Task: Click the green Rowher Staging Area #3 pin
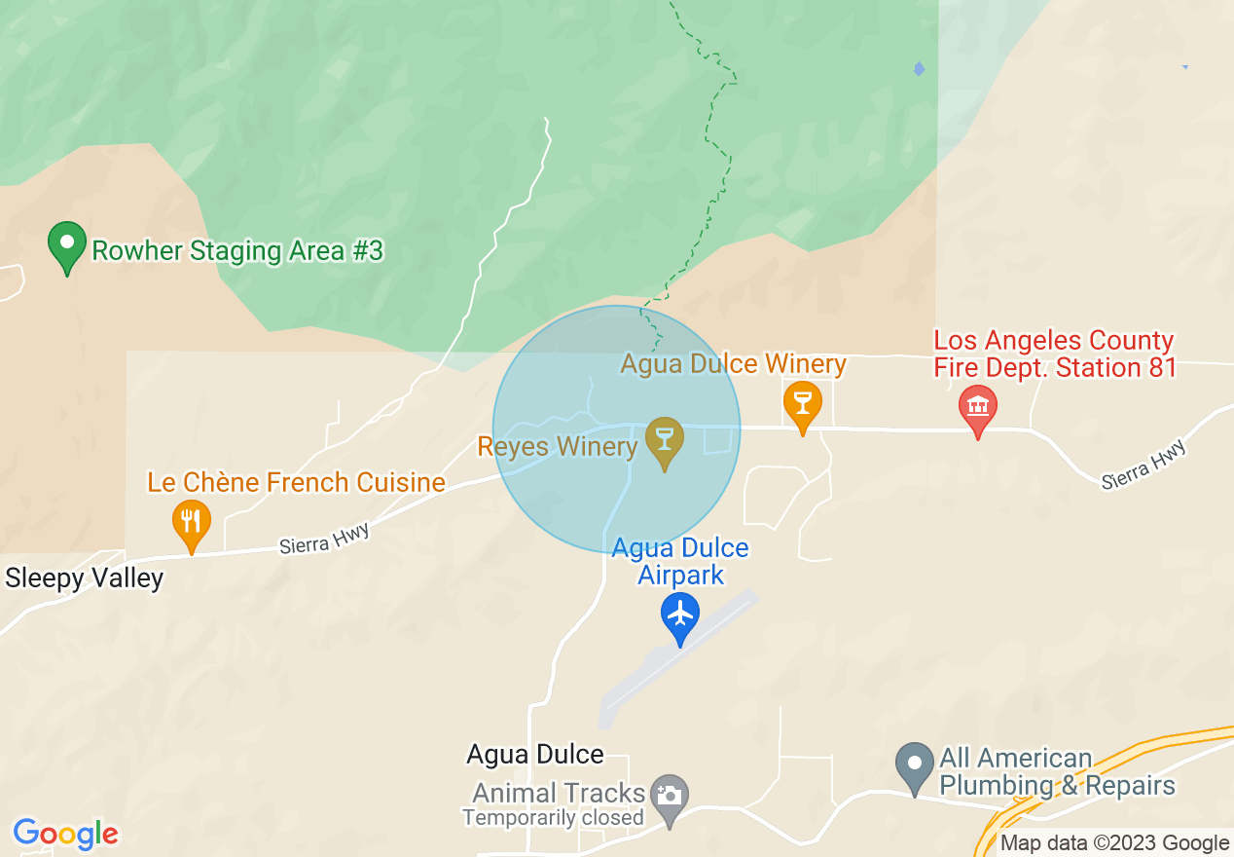point(67,244)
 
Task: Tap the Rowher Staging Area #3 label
point(237,251)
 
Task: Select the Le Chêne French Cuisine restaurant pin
point(192,522)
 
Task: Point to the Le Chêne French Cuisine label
point(296,482)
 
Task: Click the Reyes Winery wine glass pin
point(665,440)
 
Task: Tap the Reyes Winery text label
point(557,447)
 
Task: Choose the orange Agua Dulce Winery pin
point(803,404)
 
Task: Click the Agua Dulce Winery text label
point(733,364)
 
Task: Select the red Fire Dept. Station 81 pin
point(978,409)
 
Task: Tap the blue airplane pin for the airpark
point(680,615)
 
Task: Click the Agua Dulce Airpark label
point(680,561)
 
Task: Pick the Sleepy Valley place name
point(85,578)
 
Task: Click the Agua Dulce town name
point(535,755)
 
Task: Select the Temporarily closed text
point(553,818)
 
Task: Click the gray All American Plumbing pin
point(915,765)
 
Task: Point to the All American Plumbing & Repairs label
point(1057,772)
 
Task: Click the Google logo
point(66,835)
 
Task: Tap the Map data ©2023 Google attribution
point(1115,843)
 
